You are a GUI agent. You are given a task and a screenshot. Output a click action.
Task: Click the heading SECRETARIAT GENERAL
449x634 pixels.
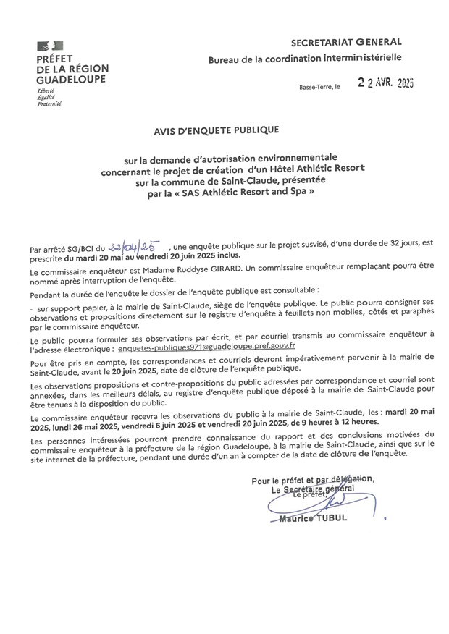[x=346, y=43]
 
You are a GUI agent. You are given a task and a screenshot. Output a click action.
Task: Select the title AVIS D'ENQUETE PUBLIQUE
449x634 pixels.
[x=215, y=130]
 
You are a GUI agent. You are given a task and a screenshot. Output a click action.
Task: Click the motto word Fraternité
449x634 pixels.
[x=49, y=104]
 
